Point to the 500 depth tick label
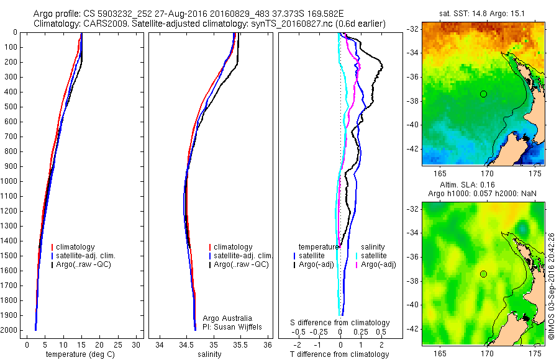(11, 107)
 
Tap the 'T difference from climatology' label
(340, 355)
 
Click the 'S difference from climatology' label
(340, 323)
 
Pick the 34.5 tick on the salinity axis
(186, 344)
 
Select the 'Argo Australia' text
(228, 318)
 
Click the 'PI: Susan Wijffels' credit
(231, 326)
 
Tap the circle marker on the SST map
(483, 94)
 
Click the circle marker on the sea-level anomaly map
(483, 274)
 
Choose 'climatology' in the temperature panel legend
(74, 247)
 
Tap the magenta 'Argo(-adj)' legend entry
(379, 264)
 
